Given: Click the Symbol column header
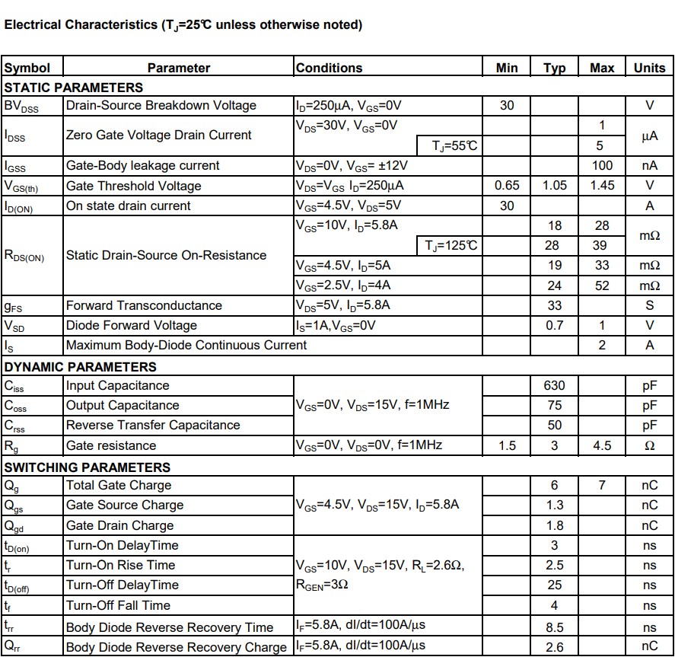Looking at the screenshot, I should (x=27, y=68).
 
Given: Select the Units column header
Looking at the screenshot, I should (x=649, y=68).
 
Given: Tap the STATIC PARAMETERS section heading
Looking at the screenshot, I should (x=74, y=88).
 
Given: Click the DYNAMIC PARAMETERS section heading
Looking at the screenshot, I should (x=81, y=366).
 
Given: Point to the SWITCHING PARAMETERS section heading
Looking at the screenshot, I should (x=88, y=467).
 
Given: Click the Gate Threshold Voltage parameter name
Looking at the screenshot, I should (x=134, y=186).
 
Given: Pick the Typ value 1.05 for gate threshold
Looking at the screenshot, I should (x=555, y=186).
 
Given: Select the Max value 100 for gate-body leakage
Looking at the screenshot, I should (x=602, y=165).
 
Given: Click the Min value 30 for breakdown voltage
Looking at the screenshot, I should (x=507, y=106).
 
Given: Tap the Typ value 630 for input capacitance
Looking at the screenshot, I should (x=555, y=386).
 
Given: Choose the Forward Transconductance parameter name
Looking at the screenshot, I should (x=145, y=305).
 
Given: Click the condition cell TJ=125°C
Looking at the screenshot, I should (x=451, y=245).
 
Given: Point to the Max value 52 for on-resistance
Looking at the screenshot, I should (x=602, y=285).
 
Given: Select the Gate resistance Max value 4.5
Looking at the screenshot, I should (x=602, y=445).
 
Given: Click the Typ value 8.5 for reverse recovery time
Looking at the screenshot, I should (x=555, y=627).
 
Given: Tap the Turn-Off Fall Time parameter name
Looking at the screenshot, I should (x=118, y=605).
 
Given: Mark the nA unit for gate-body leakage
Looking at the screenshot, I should (x=649, y=165).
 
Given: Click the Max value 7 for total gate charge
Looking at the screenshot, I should (x=602, y=485).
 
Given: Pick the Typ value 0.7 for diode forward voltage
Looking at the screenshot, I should (x=555, y=325).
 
